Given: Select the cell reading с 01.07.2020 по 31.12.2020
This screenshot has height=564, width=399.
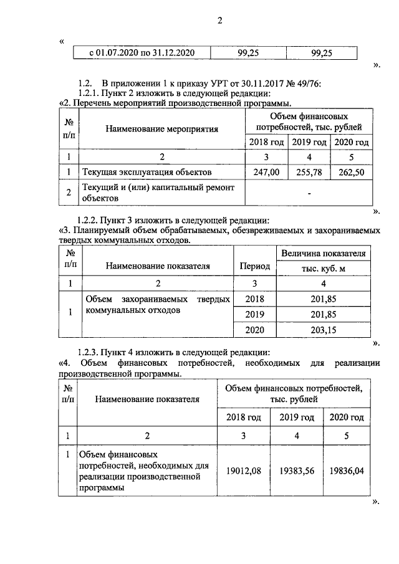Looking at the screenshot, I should pyautogui.click(x=140, y=54).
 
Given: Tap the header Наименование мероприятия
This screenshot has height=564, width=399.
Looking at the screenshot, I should pyautogui.click(x=161, y=129).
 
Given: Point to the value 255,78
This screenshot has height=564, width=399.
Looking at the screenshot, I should pyautogui.click(x=309, y=171).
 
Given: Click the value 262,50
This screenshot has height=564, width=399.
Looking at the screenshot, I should pyautogui.click(x=352, y=171).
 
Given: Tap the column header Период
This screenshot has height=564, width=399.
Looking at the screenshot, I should pyautogui.click(x=254, y=266).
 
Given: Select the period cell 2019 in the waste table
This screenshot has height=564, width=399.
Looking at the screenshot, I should pyautogui.click(x=254, y=314).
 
